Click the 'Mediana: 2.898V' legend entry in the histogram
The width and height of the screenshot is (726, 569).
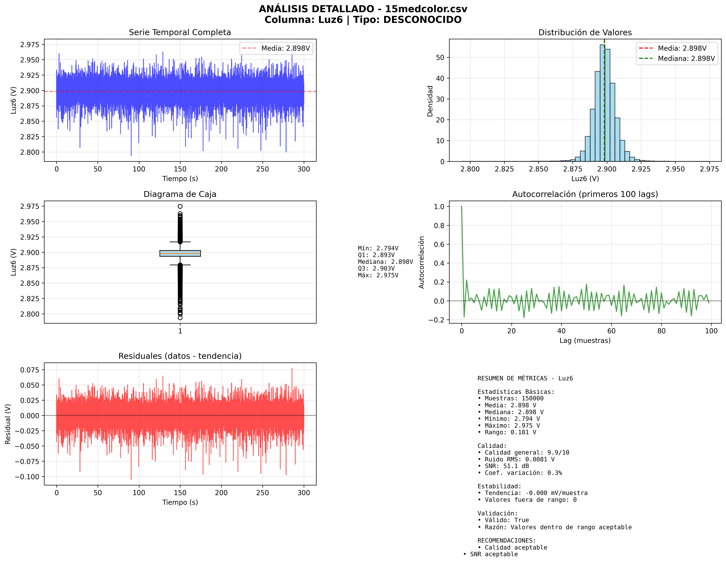686,59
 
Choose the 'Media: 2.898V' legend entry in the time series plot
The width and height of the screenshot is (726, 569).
285,48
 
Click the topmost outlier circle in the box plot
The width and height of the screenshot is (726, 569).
180,206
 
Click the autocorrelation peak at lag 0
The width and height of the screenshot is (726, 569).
462,206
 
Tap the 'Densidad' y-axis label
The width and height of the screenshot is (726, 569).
430,101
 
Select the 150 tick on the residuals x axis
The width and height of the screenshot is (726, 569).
180,493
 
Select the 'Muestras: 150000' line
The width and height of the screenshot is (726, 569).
510,398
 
